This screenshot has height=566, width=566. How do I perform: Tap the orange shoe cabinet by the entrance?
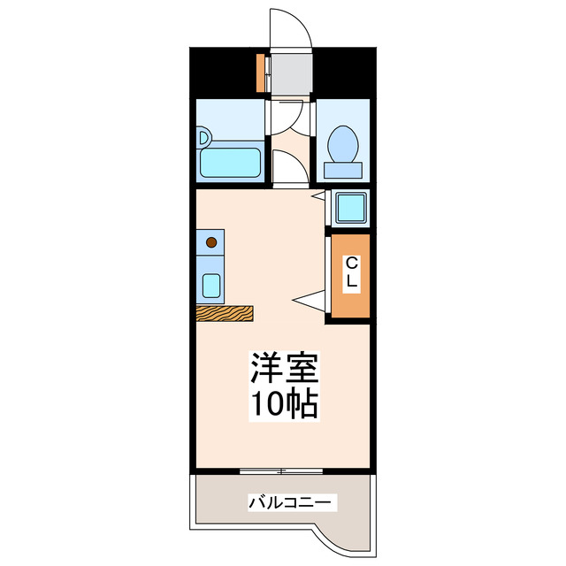pos(261,73)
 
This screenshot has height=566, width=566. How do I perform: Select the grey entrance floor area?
pos(292,73)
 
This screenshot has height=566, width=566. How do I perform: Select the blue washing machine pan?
pos(349,208)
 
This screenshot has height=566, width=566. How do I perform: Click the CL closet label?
pos(351,272)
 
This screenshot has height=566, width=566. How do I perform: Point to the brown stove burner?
pos(211,241)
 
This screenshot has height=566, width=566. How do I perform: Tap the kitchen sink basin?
pos(211,285)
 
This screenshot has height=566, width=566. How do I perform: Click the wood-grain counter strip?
pos(224,312)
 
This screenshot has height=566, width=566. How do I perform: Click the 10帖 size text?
pos(283,404)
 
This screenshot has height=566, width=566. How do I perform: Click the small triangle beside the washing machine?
pos(319,195)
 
